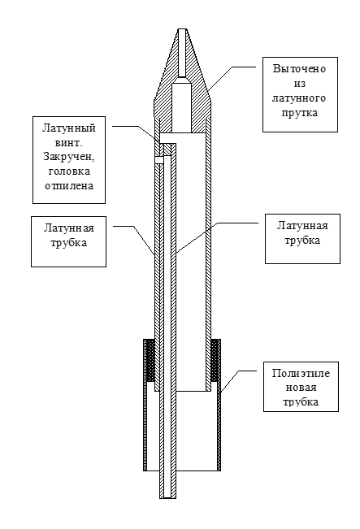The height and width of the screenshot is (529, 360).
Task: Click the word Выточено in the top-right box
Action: click(300, 69)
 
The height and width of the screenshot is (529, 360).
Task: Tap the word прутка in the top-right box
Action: click(300, 113)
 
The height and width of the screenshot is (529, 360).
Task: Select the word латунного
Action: click(299, 98)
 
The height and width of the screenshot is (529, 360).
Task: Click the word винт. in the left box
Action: click(69, 143)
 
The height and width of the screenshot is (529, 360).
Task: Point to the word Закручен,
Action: click(69, 157)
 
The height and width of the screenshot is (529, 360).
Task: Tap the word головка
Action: click(69, 171)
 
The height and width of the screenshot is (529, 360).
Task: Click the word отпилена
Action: click(69, 186)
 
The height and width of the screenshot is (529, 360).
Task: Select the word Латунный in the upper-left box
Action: click(69, 128)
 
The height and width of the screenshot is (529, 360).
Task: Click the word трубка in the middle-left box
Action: click(68, 243)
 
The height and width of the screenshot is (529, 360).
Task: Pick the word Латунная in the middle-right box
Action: click(302, 225)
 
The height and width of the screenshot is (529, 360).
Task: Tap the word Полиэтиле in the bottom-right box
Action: click(301, 374)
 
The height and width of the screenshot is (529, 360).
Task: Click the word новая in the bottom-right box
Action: click(301, 388)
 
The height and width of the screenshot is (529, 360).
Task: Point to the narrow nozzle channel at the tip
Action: click(182, 53)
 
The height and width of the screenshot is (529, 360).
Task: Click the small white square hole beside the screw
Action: click(159, 159)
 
